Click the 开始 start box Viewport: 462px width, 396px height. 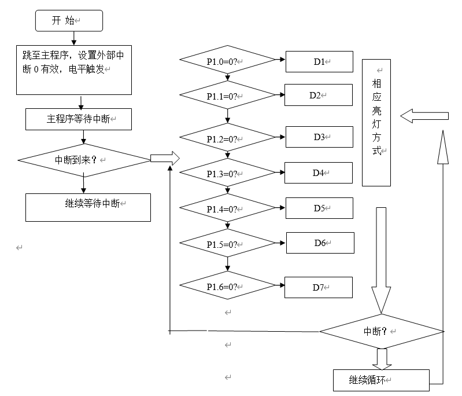click(x=69, y=21)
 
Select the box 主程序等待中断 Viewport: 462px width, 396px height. click(x=80, y=119)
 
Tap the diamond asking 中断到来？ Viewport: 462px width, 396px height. click(x=84, y=158)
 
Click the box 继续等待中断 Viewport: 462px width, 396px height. click(x=88, y=207)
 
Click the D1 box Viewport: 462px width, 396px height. click(x=319, y=61)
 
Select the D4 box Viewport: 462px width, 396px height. click(x=319, y=173)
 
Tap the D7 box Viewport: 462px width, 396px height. click(x=319, y=287)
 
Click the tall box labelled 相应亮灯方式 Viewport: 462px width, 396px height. click(x=376, y=122)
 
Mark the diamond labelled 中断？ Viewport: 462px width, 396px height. click(x=382, y=331)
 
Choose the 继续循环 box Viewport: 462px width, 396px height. click(x=381, y=380)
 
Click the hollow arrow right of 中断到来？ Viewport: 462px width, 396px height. click(x=165, y=157)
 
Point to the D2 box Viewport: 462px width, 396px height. click(x=319, y=95)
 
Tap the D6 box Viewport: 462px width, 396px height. click(x=320, y=243)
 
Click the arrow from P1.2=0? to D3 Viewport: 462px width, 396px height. click(x=280, y=138)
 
